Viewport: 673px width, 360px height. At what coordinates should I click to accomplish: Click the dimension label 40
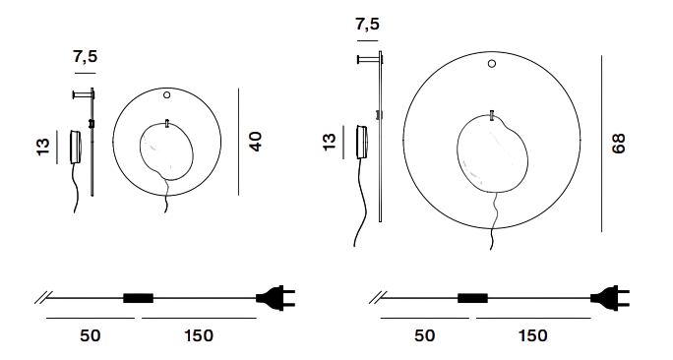coord(256,142)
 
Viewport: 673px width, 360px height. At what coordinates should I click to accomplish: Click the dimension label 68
coord(619,144)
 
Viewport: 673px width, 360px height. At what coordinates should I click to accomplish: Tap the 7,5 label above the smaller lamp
coord(86,56)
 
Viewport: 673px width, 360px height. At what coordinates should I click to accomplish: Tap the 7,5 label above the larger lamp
coord(367,24)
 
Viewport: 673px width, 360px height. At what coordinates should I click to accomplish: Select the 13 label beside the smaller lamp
coord(43,147)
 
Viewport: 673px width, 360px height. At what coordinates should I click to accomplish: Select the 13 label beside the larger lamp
coord(329,142)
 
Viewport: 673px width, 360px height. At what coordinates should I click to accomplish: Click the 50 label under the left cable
coord(91,335)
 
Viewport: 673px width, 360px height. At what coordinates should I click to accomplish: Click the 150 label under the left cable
coord(199,335)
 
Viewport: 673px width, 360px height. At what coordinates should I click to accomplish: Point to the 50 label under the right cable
coord(424,335)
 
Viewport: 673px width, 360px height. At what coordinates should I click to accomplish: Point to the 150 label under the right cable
coord(533,335)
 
